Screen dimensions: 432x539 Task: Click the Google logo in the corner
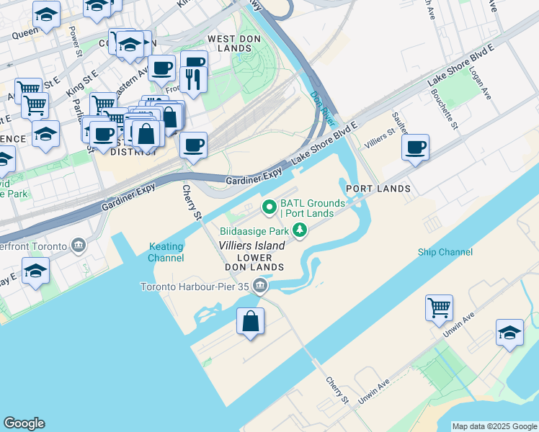[24, 423]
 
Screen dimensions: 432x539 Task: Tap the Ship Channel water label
[445, 252]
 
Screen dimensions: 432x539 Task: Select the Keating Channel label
[166, 252]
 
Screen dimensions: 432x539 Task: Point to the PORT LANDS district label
[378, 189]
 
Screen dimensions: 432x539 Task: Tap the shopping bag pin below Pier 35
[250, 322]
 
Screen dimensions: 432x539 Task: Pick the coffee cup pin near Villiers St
[415, 148]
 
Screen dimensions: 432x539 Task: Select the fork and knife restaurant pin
[193, 78]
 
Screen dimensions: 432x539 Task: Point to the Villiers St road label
[380, 136]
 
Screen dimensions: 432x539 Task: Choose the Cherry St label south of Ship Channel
[337, 390]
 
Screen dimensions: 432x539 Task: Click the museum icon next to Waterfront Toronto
[77, 246]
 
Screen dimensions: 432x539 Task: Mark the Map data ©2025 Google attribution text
[494, 426]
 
